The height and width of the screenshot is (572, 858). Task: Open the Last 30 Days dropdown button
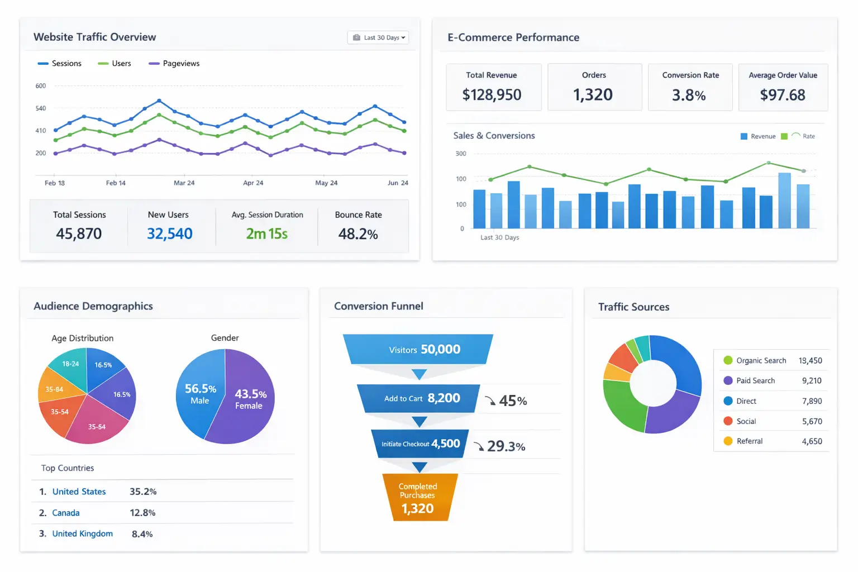pyautogui.click(x=378, y=37)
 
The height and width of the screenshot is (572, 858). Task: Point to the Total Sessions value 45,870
pyautogui.click(x=79, y=233)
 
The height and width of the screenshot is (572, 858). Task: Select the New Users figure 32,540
pyautogui.click(x=169, y=233)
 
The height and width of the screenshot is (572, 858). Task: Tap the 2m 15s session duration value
pyautogui.click(x=267, y=233)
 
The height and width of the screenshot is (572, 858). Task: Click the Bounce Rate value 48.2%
pyautogui.click(x=358, y=233)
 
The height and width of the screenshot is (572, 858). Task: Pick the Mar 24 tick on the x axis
pyautogui.click(x=184, y=183)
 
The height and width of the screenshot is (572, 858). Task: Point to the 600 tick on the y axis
pyautogui.click(x=41, y=86)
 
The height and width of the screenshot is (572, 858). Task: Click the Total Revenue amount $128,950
pyautogui.click(x=492, y=95)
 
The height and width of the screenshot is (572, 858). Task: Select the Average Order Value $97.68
pyautogui.click(x=783, y=95)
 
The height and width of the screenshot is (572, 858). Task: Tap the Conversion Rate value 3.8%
pyautogui.click(x=689, y=96)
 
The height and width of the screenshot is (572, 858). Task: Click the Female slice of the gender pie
pyautogui.click(x=249, y=399)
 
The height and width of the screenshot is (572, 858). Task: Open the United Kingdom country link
pyautogui.click(x=82, y=533)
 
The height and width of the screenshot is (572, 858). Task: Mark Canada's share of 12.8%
pyautogui.click(x=142, y=513)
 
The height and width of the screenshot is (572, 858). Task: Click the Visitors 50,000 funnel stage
pyautogui.click(x=418, y=350)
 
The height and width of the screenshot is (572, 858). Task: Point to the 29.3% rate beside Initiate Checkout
pyautogui.click(x=506, y=446)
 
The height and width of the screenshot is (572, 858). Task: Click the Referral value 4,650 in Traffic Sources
pyautogui.click(x=812, y=441)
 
